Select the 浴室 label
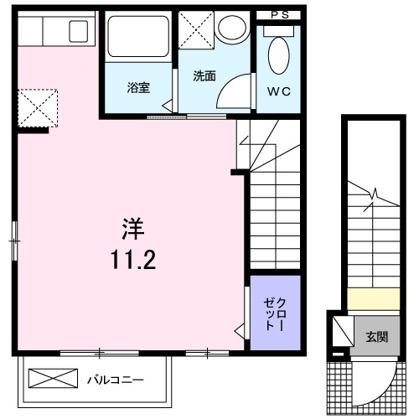coord(138,86)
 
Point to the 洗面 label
coord(204,76)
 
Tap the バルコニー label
coord(116,380)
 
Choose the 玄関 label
coord(376,338)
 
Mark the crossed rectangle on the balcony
coord(54,379)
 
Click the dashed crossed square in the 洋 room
coord(38,106)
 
